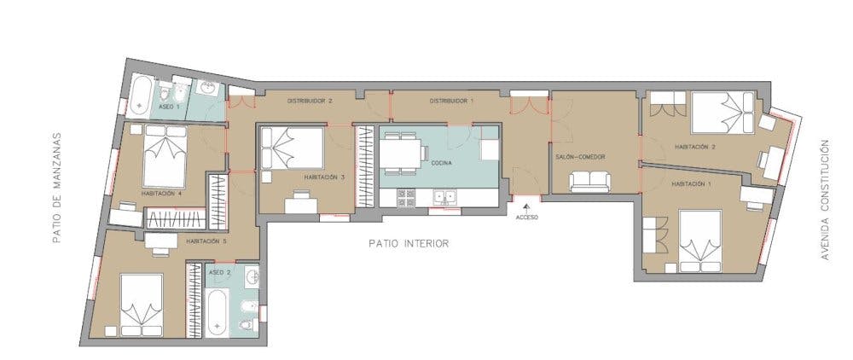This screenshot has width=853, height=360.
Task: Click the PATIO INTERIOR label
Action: tap(409, 243)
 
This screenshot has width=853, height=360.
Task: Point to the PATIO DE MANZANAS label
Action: tap(58, 188)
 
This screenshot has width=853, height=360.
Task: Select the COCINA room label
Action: tap(441, 162)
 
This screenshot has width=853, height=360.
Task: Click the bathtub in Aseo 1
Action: tap(142, 99)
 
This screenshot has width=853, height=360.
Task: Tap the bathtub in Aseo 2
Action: tap(218, 311)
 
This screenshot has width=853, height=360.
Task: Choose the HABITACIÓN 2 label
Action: tap(694, 147)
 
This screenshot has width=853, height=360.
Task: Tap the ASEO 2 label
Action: tap(220, 272)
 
